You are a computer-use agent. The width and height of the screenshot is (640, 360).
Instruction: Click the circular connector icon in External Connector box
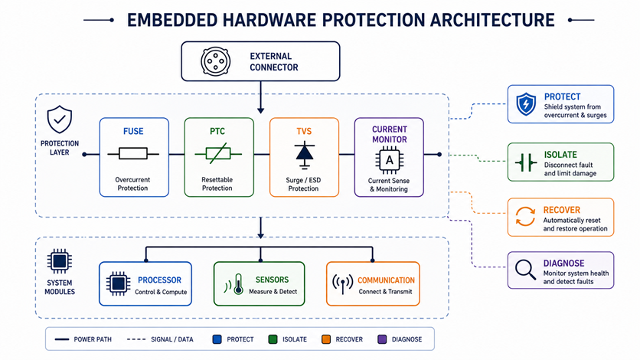tap(216, 61)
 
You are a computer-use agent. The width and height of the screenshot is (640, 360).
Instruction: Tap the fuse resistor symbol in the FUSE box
tap(133, 154)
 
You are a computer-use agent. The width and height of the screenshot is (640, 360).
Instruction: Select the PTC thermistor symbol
tap(218, 153)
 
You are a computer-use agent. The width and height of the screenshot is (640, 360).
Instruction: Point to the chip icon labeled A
tap(390, 160)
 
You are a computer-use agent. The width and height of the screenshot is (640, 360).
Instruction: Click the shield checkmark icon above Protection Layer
tap(60, 119)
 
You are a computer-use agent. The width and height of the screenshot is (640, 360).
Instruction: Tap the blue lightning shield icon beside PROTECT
tap(526, 104)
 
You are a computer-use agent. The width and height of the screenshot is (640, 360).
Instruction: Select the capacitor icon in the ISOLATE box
tap(526, 162)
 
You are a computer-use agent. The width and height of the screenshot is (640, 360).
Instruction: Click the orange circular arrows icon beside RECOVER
tap(525, 216)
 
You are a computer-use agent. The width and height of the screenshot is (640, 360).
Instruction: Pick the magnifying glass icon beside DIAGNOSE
tap(525, 270)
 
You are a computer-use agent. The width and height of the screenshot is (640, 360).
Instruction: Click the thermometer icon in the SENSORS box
tap(238, 284)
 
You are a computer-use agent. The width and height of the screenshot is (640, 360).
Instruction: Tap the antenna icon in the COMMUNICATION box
tap(342, 284)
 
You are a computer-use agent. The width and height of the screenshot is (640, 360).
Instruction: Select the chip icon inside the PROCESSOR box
tap(119, 283)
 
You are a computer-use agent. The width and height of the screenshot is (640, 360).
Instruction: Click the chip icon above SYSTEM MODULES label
tap(60, 261)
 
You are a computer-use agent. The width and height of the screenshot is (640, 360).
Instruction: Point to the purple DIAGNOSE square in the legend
tap(382, 339)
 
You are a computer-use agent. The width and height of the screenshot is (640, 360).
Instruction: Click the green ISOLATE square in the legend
tap(273, 339)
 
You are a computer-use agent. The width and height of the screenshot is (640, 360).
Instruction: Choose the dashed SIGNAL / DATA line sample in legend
tap(136, 339)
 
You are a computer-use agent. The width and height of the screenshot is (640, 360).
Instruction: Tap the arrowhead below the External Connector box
tap(260, 110)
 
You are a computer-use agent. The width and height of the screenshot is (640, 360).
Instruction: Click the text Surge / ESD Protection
tap(303, 184)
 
